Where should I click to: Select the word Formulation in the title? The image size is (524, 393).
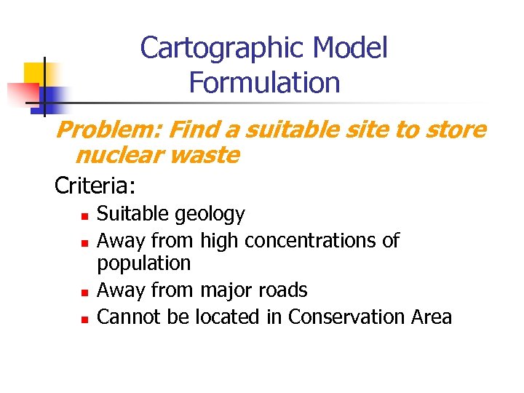[x=264, y=82]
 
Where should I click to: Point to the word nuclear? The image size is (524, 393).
[x=116, y=155]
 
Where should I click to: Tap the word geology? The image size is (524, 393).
[x=215, y=214]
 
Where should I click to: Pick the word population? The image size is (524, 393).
[x=143, y=263]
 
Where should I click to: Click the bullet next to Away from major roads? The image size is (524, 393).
[x=84, y=292]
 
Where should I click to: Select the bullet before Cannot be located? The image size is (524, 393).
[x=84, y=319]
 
